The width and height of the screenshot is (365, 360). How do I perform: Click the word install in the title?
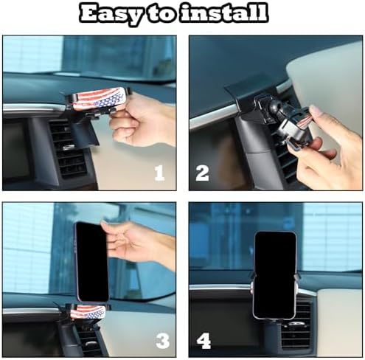223,13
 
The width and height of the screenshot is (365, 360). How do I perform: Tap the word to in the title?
161,13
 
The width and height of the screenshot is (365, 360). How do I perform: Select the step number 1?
159,173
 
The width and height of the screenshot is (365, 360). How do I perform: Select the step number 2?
202,173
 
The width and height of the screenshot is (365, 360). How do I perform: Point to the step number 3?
163,341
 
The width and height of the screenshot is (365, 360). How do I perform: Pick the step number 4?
204,341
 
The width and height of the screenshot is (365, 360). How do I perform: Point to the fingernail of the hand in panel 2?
316,110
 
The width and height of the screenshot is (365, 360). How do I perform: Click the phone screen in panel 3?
92,262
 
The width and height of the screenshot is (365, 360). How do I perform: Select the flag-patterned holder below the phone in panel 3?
88,312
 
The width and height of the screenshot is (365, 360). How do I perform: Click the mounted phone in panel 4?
274,275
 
